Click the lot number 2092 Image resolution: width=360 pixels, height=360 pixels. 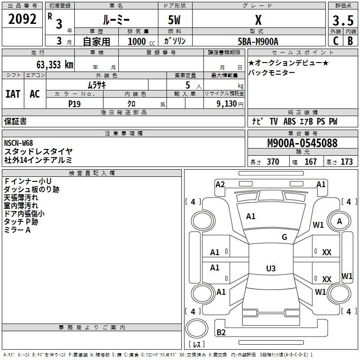(x=22, y=20)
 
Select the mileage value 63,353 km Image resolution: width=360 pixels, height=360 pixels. (x=49, y=64)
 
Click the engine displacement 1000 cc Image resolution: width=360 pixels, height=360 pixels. (x=137, y=41)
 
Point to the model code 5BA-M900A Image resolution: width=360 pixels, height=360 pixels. (x=258, y=41)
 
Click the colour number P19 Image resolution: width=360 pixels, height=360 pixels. (x=74, y=103)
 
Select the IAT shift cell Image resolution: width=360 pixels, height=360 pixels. (x=13, y=94)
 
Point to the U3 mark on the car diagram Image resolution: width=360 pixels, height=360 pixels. (x=270, y=269)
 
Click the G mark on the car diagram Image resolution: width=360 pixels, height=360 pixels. (x=284, y=237)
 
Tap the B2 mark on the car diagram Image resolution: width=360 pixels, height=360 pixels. (x=221, y=333)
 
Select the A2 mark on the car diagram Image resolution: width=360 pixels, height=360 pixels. (x=220, y=184)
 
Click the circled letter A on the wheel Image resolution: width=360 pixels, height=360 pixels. (x=340, y=221)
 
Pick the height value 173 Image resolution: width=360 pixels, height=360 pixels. (x=346, y=162)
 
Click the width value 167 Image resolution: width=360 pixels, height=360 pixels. (x=311, y=162)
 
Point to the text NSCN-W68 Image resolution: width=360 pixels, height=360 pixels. (x=18, y=143)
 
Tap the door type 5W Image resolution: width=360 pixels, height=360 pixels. (x=175, y=20)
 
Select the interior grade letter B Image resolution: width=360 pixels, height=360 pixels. (x=350, y=40)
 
